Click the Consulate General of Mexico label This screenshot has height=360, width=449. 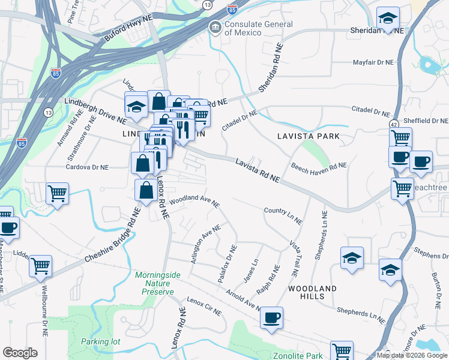point(258,28)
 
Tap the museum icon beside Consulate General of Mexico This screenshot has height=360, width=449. point(215,28)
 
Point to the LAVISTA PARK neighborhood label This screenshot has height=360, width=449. point(308,136)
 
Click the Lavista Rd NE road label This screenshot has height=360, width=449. point(258,170)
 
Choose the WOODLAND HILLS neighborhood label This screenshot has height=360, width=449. point(312,293)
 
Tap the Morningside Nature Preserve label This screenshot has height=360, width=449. point(157,283)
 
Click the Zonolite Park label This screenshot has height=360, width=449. point(298,356)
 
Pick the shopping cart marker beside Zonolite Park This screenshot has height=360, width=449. point(342,350)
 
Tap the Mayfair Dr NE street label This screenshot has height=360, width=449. point(373,62)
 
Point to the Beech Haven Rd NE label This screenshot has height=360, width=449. point(319,166)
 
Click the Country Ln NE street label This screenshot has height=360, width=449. point(282,215)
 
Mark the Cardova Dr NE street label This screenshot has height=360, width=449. point(88,167)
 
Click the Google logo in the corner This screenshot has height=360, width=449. point(20,353)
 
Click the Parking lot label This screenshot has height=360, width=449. point(101,341)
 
